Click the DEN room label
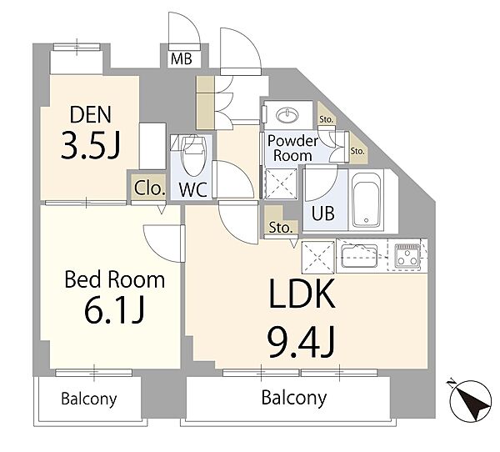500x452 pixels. tap(91, 114)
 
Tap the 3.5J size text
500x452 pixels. tap(91, 145)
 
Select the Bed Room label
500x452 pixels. tap(115, 279)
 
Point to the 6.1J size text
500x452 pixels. tap(115, 309)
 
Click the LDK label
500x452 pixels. tap(302, 293)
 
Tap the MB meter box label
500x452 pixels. tap(182, 59)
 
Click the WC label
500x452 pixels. tap(193, 190)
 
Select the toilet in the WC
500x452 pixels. tap(192, 155)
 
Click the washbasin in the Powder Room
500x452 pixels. tap(287, 114)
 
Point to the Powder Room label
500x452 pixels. tap(292, 148)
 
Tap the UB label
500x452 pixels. tap(323, 213)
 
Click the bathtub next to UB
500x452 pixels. tap(366, 201)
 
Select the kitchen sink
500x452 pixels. tap(359, 255)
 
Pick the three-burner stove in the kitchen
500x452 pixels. tap(407, 254)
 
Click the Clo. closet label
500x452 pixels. tap(149, 188)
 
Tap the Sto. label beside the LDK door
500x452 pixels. tap(280, 228)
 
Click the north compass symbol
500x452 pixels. tap(471, 401)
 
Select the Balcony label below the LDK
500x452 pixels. tap(294, 398)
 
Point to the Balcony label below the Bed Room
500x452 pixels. tap(89, 399)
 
